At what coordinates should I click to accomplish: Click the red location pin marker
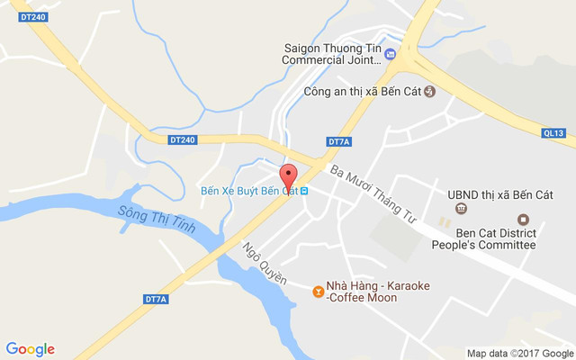click(288, 175)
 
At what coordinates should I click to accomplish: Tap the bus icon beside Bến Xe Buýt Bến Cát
click(305, 191)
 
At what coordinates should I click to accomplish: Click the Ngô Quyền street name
click(264, 263)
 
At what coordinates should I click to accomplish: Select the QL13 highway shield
click(553, 133)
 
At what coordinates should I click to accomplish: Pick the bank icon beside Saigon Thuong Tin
click(391, 54)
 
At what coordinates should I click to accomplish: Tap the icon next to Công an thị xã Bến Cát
click(429, 91)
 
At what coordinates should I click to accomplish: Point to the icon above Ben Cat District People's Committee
click(522, 220)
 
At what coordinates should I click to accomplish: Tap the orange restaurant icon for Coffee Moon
click(317, 291)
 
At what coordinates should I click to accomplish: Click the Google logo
click(30, 349)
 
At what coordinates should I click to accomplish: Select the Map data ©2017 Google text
click(519, 353)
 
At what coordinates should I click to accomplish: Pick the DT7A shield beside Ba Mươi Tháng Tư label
click(338, 142)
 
